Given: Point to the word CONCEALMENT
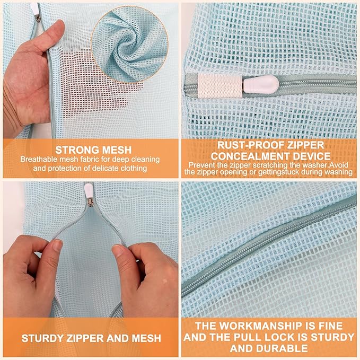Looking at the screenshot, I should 254,155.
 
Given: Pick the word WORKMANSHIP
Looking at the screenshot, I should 267,326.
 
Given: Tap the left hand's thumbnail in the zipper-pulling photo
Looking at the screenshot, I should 57,245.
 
